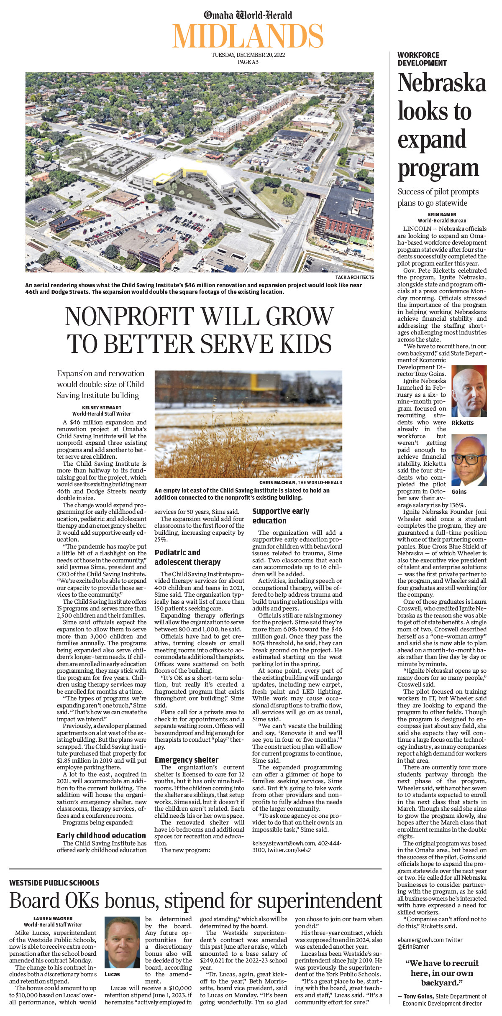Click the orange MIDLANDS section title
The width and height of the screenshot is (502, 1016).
tap(248, 36)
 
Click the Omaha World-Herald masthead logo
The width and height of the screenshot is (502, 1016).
tap(248, 15)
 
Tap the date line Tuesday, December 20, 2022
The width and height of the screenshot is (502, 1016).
tap(248, 55)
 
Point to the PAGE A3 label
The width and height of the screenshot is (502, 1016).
tap(248, 62)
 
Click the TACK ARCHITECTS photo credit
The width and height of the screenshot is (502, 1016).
tap(354, 277)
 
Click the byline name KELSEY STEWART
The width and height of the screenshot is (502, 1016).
tap(102, 408)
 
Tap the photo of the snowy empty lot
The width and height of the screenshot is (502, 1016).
tap(248, 424)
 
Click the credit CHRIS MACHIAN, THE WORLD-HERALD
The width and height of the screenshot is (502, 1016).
tap(300, 482)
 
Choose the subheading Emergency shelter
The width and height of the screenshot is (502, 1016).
tap(187, 760)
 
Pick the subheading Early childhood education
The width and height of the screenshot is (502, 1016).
tap(101, 835)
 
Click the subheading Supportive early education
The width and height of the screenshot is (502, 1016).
tap(281, 516)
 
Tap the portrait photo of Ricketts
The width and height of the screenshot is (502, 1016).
tap(469, 391)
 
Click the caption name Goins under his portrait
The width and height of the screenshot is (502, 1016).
tap(459, 492)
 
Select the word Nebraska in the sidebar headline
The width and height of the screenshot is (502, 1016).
tap(442, 83)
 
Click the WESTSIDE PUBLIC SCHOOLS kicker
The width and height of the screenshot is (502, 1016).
tap(54, 883)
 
